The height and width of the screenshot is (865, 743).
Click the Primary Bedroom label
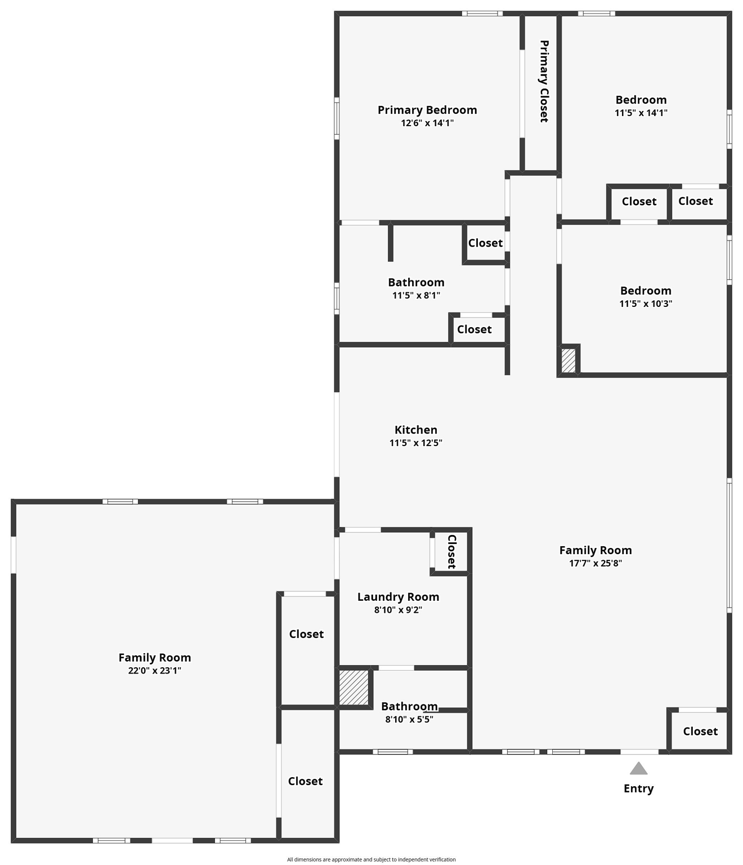(x=427, y=110)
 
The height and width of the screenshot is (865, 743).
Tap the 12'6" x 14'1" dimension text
(x=427, y=123)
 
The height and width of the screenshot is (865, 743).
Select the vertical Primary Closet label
(x=544, y=81)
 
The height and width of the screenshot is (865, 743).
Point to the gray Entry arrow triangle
(x=638, y=768)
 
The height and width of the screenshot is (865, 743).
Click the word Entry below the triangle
(x=638, y=788)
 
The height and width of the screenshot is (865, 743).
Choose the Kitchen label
(x=416, y=430)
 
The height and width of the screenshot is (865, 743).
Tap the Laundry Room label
(x=399, y=597)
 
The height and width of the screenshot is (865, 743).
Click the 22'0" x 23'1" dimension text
(x=155, y=671)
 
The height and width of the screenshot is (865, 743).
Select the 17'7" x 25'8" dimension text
(x=596, y=563)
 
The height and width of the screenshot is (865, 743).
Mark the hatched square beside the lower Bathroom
(x=354, y=688)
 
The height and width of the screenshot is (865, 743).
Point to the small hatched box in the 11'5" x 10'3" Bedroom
(x=568, y=361)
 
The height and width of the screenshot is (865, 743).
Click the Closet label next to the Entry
(x=700, y=731)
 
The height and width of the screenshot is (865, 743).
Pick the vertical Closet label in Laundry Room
(x=452, y=551)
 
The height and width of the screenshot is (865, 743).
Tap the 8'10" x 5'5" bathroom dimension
(x=409, y=719)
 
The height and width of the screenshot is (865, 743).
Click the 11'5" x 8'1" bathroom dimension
(x=417, y=296)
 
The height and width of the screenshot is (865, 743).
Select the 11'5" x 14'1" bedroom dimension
(x=641, y=113)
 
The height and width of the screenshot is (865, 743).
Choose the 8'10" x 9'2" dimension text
(x=399, y=610)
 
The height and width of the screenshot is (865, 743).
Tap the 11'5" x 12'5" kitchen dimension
(x=416, y=443)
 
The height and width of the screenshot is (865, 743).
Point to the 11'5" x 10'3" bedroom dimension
(x=646, y=304)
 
